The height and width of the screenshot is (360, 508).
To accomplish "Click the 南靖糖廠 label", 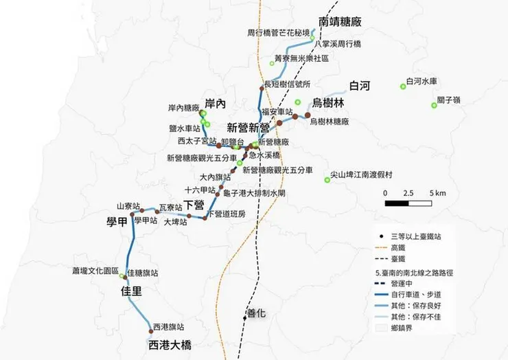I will click(x=340, y=21).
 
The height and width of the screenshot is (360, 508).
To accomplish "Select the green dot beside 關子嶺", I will click(x=434, y=105).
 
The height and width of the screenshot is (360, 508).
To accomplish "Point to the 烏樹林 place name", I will click(x=328, y=103).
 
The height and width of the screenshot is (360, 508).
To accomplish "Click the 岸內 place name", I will click(x=215, y=104).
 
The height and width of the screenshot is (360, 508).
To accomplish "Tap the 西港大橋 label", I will click(x=170, y=345).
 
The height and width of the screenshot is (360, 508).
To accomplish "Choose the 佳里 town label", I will click(x=131, y=291).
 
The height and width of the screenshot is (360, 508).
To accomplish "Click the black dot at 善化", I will click(x=244, y=317).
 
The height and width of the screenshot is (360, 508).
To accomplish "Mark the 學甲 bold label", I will click(x=117, y=221).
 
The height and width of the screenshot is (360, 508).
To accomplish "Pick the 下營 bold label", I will click(x=194, y=205).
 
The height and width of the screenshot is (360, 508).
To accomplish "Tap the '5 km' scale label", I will click(x=437, y=193).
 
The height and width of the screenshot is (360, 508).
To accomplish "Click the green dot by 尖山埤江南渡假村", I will click(x=327, y=180).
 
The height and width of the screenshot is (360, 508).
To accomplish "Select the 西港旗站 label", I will click(x=169, y=326).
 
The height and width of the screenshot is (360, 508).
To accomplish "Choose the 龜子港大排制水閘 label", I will click(x=255, y=193).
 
